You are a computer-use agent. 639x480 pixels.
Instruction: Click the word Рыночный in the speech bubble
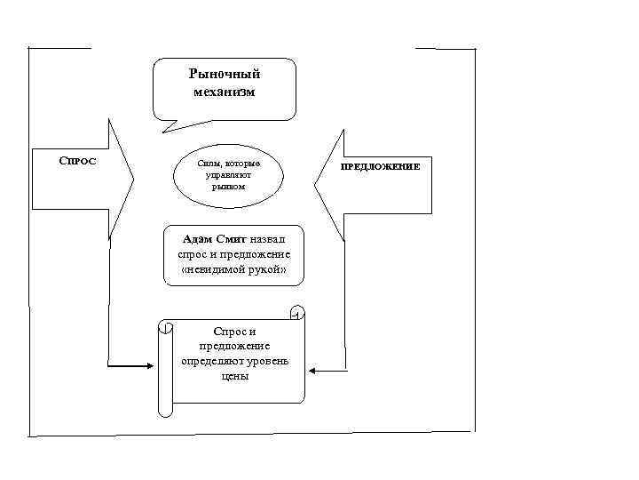click(225, 75)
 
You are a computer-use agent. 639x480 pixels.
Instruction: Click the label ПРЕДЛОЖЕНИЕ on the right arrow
click(382, 166)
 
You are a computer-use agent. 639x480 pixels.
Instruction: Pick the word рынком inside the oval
click(228, 187)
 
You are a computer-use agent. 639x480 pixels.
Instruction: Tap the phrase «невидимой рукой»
click(233, 268)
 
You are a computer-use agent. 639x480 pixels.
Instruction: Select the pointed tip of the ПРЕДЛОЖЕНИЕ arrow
click(316, 186)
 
